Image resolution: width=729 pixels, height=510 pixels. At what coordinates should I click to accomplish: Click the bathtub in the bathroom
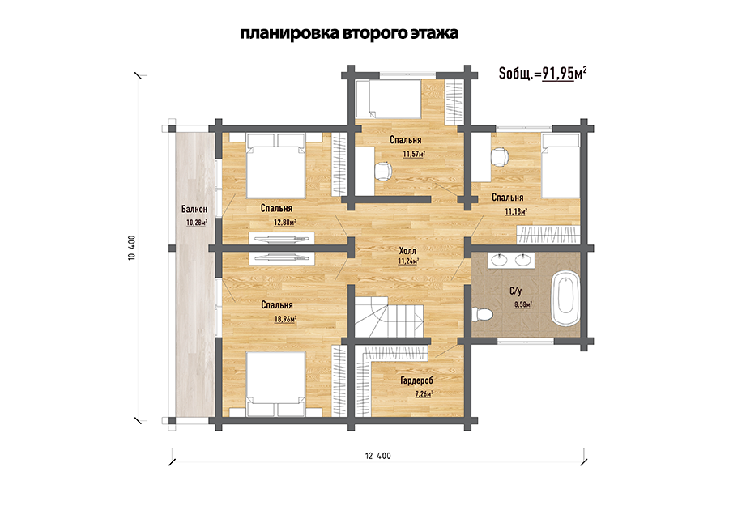(565, 300)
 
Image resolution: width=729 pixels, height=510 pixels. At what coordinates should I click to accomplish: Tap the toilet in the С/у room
(482, 314)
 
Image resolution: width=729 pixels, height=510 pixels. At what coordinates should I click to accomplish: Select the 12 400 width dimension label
(378, 456)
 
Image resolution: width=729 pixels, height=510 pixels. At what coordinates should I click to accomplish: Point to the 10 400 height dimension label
(131, 248)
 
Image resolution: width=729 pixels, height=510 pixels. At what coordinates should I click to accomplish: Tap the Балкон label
(194, 210)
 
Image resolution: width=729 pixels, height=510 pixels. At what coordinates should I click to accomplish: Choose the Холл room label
(407, 251)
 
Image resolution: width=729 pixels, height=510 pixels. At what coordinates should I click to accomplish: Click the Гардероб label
(416, 380)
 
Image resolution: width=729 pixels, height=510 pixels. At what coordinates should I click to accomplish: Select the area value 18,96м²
(285, 319)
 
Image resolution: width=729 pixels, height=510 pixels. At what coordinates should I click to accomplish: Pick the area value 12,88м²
(285, 223)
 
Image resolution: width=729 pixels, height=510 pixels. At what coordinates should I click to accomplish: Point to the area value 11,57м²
(414, 154)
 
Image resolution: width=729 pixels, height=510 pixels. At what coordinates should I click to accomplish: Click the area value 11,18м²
(516, 212)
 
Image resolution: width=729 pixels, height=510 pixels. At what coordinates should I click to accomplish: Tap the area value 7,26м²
(424, 394)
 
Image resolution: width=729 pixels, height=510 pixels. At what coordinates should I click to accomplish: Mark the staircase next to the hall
(389, 319)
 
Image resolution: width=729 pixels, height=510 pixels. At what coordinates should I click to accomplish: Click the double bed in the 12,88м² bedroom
(276, 166)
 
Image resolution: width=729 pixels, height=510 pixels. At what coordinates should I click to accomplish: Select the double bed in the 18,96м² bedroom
(276, 385)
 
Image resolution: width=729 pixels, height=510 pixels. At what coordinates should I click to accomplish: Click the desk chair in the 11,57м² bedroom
(384, 172)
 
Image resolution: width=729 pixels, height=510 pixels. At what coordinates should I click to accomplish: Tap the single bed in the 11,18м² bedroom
(561, 166)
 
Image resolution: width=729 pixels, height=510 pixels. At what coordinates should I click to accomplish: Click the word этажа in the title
(434, 33)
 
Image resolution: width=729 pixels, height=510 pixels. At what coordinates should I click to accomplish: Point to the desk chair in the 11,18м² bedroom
(500, 156)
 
